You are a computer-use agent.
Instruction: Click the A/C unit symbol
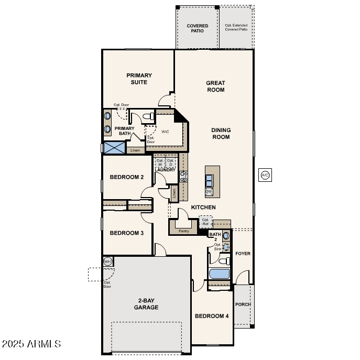point(265,175)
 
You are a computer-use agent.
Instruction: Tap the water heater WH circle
point(107,261)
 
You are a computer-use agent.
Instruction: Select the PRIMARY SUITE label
point(139,79)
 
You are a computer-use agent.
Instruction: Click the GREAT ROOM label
point(215,86)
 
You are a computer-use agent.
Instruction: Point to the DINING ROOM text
point(221,134)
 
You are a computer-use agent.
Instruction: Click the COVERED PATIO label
point(198,28)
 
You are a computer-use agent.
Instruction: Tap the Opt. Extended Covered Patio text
point(236,28)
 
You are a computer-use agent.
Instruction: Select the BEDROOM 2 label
point(126,177)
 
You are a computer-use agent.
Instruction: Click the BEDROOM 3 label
point(126,233)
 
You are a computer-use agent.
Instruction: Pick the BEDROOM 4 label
point(212,316)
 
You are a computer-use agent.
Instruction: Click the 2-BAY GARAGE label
point(146,304)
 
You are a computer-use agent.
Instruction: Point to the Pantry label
point(183,231)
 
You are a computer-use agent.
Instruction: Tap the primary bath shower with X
point(113,148)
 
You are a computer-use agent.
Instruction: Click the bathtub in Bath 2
point(219,274)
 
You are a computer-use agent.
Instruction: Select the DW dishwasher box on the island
point(209,192)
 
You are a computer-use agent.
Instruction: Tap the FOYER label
point(243,254)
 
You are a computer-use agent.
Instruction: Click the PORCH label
point(243,304)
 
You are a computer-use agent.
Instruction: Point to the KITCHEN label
point(203,208)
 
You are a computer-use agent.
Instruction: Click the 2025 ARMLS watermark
point(31,344)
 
